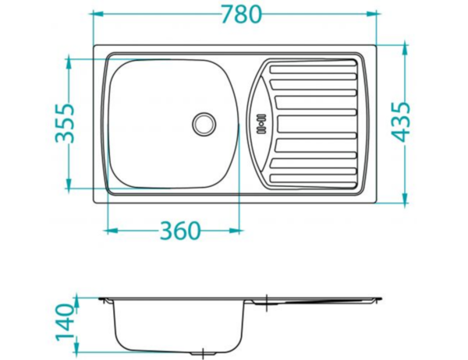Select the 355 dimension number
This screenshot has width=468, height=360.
point(68,122)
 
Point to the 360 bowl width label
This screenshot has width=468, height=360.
point(180,231)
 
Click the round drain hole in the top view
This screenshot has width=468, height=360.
point(204,122)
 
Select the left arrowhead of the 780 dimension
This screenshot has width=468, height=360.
point(98,14)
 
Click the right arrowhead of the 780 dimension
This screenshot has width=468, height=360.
point(374,14)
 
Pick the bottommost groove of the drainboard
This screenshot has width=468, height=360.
point(312,177)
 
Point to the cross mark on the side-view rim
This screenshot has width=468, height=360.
point(267,299)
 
